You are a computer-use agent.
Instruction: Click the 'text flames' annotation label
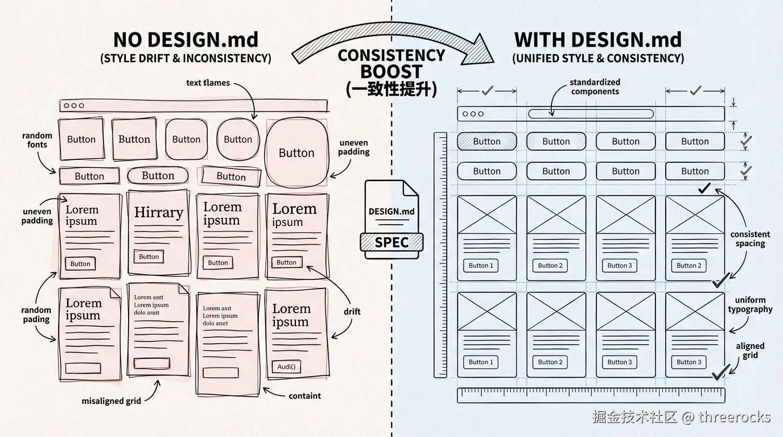[x=208, y=83]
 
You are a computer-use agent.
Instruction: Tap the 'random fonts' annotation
[x=37, y=140]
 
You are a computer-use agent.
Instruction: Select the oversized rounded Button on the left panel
[x=296, y=153]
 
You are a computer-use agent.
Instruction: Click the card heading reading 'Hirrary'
[x=158, y=213]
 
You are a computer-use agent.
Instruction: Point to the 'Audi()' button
[x=286, y=366]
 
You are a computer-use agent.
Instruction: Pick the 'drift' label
[x=352, y=312]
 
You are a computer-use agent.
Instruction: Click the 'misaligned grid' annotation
[x=111, y=401]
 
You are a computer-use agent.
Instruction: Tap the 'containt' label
[x=304, y=396]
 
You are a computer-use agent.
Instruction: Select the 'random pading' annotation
[x=36, y=315]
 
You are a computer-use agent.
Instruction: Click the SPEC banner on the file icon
[x=391, y=242]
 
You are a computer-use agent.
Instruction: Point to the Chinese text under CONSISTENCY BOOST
[x=391, y=89]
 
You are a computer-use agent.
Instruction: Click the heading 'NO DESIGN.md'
[x=186, y=40]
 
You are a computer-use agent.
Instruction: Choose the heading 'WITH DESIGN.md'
[x=597, y=40]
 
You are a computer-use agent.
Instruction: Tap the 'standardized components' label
[x=595, y=87]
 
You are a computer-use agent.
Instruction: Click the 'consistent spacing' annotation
[x=750, y=239]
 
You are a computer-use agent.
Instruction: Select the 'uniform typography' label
[x=750, y=305]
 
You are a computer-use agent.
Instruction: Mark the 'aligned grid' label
[x=750, y=351]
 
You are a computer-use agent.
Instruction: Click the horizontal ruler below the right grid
[x=591, y=395]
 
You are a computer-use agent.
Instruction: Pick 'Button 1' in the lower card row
[x=481, y=362]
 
